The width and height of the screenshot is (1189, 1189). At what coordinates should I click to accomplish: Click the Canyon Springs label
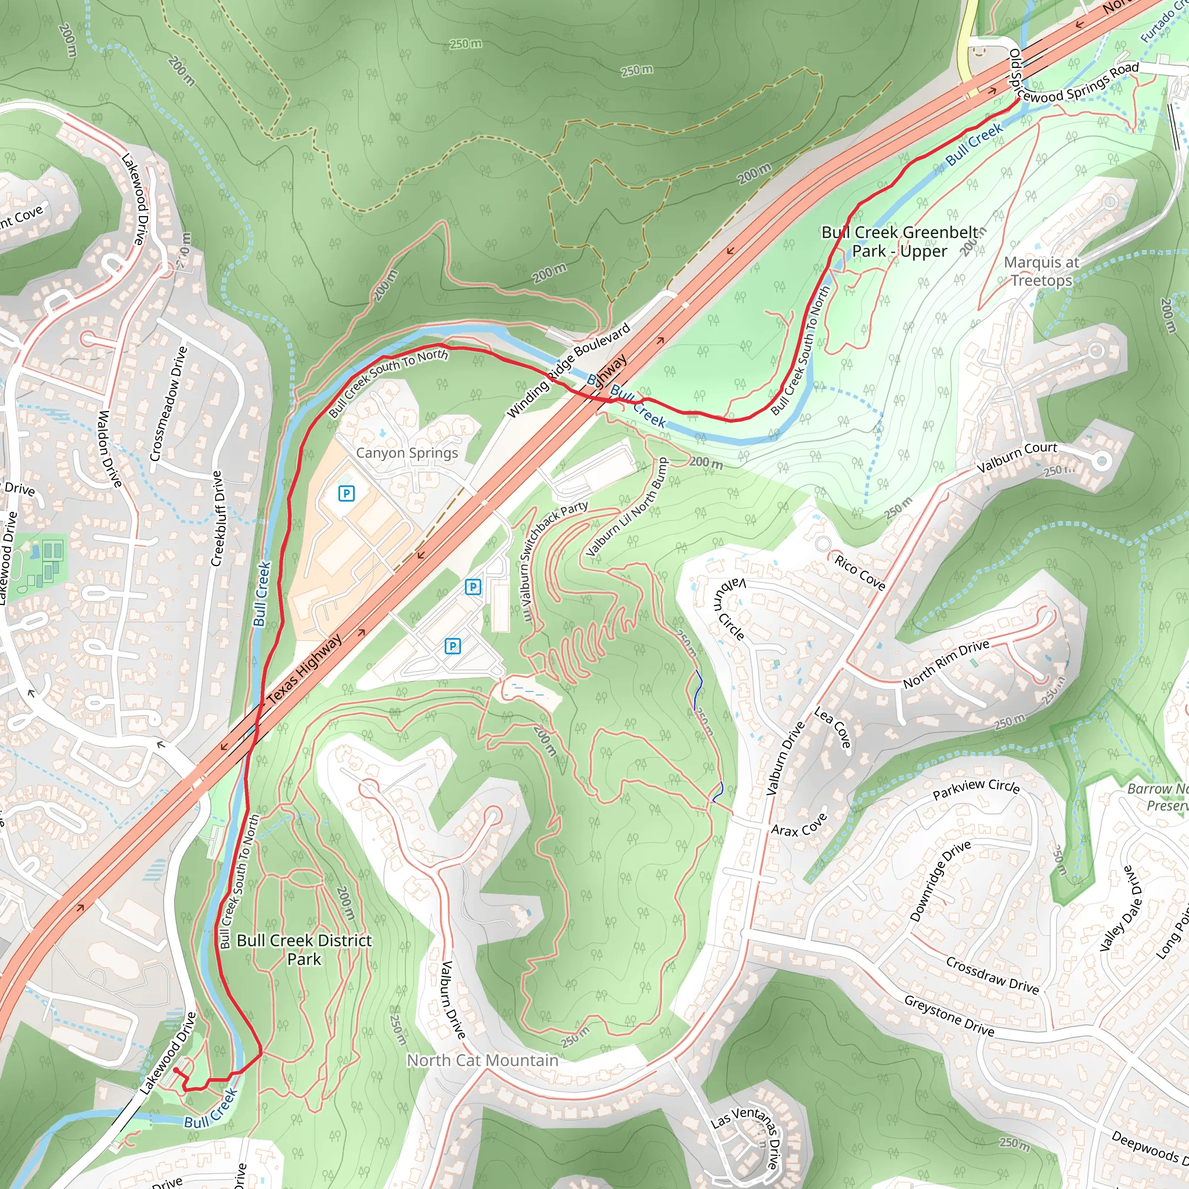407,453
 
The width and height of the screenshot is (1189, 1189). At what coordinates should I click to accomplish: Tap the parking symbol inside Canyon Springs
347,493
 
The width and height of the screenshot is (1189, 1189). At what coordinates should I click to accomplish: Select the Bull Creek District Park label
304,950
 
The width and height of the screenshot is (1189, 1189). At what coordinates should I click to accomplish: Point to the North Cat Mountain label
482,1060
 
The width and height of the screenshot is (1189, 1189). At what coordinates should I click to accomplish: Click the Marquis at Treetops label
1042,271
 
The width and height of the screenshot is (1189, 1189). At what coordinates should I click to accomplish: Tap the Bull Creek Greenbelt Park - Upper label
899,242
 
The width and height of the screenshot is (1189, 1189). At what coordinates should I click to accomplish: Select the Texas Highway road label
304,670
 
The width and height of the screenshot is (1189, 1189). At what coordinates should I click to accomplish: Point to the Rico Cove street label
860,572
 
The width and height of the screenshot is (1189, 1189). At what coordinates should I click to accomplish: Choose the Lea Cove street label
833,727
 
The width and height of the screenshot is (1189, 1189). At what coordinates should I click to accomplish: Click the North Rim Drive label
946,664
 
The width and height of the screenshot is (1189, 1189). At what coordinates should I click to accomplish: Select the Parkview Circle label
976,788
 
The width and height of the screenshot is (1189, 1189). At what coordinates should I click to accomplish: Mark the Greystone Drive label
949,1016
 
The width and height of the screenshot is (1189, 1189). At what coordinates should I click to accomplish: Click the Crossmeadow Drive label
168,403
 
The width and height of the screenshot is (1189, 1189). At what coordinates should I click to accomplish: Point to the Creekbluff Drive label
216,518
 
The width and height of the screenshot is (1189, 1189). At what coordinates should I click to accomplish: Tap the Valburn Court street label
1017,457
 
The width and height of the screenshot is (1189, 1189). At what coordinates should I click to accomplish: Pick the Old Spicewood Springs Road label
1074,86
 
